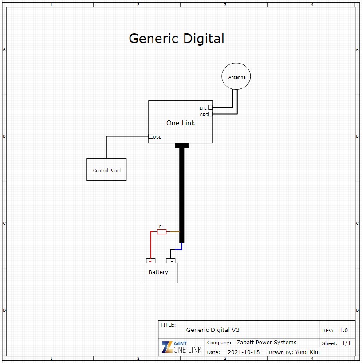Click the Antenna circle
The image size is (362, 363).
[236, 76]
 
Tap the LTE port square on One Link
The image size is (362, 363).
[210, 108]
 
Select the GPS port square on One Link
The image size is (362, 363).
[210, 114]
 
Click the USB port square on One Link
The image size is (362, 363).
[151, 136]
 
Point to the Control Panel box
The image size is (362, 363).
[106, 170]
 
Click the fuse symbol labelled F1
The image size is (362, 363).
[162, 232]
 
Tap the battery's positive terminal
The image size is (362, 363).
[151, 260]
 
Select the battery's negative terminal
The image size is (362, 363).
[171, 260]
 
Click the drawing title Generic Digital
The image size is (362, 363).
[177, 38]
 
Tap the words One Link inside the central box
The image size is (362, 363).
[181, 123]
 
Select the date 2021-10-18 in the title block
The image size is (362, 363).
[244, 352]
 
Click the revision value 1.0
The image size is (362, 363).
[343, 331]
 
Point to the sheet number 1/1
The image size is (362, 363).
[346, 343]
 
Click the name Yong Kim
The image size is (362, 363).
[307, 352]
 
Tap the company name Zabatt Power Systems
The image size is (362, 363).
[266, 343]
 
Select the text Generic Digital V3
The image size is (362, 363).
[212, 330]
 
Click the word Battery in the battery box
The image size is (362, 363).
[158, 272]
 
